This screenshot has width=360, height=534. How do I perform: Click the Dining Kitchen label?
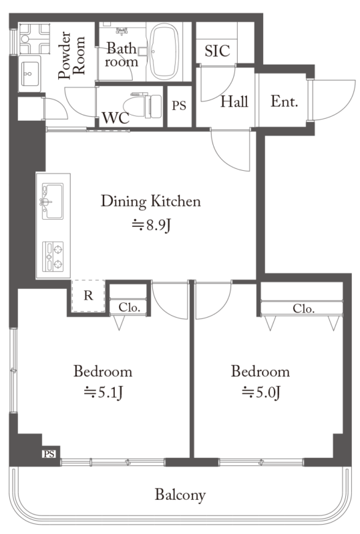click(x=151, y=202)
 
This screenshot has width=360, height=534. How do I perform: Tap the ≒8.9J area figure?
click(x=151, y=225)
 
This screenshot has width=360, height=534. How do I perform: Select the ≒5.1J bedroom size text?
click(x=103, y=392)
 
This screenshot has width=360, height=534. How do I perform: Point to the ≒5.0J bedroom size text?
click(x=260, y=392)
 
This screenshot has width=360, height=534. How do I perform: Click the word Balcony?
click(x=180, y=495)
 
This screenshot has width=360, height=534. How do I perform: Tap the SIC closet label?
click(x=217, y=51)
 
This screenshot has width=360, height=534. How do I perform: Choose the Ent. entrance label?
click(x=285, y=101)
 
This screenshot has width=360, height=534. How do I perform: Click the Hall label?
click(x=234, y=101)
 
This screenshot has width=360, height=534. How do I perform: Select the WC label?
click(x=116, y=118)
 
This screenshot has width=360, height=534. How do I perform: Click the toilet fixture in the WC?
click(x=143, y=105)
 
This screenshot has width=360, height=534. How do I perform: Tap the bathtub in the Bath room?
click(x=164, y=51)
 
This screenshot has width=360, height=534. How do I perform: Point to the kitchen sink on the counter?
click(x=53, y=201)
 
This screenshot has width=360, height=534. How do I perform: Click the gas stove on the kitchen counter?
click(x=53, y=256)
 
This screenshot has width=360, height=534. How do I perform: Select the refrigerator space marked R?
click(x=88, y=296)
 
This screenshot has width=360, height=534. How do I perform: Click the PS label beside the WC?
click(x=179, y=106)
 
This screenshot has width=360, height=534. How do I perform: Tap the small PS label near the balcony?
click(x=49, y=454)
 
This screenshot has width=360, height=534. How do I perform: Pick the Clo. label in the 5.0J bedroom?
click(x=303, y=308)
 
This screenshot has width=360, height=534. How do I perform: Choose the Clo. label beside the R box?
click(x=130, y=307)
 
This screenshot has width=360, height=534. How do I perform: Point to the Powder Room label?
click(x=71, y=55)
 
